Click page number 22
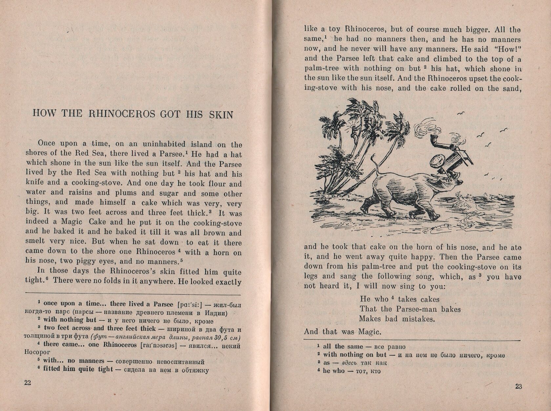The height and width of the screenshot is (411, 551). pyautogui.click(x=28, y=383)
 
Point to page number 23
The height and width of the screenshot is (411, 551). pyautogui.click(x=518, y=386)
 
